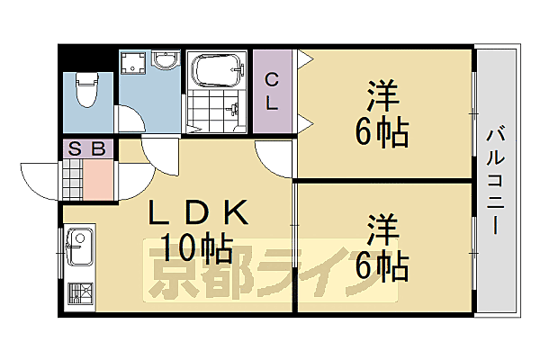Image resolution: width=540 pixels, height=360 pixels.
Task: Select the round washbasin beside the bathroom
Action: coord(165,61)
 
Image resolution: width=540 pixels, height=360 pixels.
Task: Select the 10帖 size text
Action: coord(198,245)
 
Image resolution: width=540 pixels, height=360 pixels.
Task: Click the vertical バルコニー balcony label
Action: coord(495,180)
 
